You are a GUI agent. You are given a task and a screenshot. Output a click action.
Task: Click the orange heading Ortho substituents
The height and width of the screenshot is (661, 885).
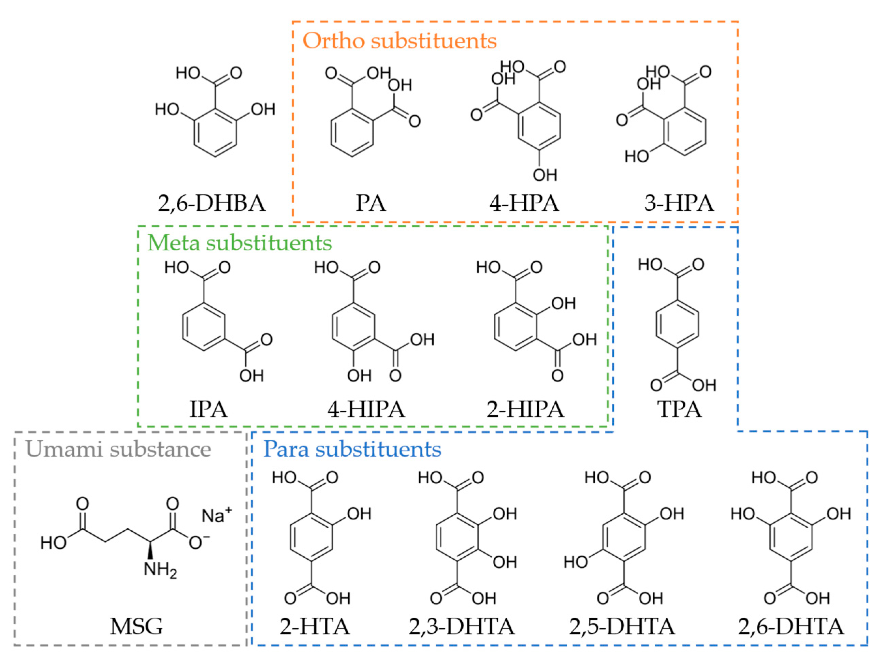[399, 41]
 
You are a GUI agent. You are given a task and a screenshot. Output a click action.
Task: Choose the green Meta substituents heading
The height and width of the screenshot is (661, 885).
[240, 243]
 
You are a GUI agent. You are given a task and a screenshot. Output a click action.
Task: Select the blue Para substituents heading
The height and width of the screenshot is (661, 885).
[352, 449]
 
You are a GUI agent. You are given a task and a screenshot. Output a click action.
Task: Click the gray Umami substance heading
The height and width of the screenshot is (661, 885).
[118, 449]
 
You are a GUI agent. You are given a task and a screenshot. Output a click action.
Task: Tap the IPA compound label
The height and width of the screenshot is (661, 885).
[208, 409]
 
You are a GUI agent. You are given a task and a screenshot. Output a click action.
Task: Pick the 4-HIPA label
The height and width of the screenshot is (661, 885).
[366, 409]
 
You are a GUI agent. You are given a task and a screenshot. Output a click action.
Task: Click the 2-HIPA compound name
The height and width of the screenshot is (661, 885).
[525, 409]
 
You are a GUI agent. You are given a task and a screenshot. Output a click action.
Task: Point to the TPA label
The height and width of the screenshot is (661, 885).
[679, 409]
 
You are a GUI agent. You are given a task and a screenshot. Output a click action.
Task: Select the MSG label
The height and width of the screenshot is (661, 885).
[136, 626]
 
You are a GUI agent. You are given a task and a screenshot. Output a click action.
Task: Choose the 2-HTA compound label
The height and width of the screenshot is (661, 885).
[315, 626]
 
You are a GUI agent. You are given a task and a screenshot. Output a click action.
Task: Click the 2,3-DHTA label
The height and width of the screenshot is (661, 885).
[462, 626]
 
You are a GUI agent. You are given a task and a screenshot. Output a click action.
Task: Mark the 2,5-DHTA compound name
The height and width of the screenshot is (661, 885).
[622, 626]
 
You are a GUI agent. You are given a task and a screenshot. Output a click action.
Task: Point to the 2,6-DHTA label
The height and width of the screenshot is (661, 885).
[791, 626]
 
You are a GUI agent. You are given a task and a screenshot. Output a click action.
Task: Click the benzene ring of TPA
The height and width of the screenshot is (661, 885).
[677, 324]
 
